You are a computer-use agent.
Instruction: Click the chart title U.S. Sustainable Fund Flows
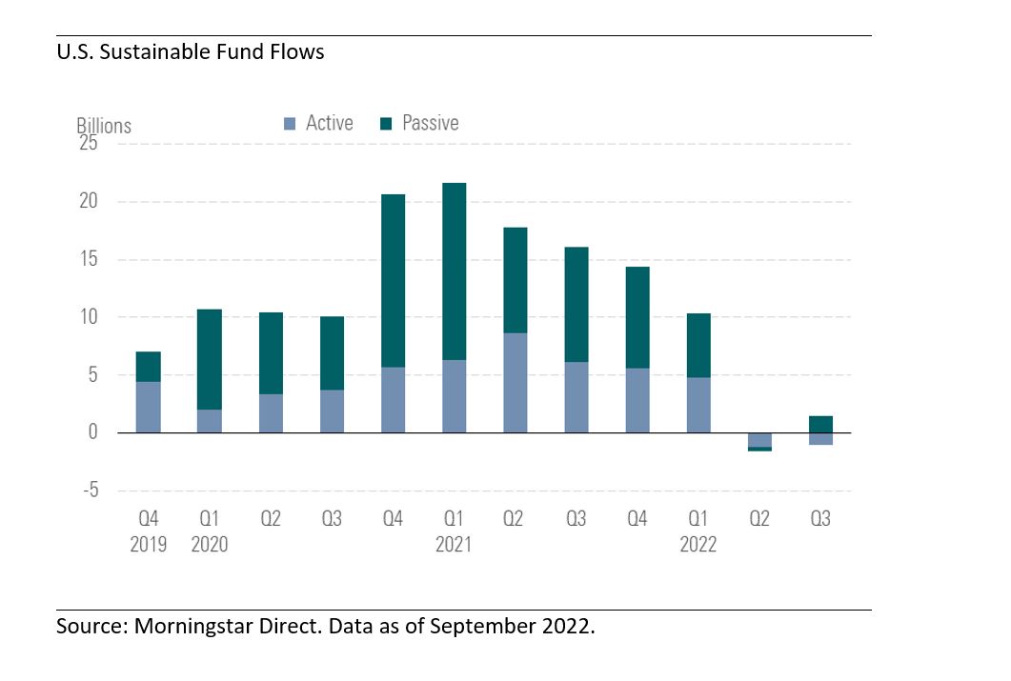[191, 51]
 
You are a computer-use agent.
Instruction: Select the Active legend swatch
[290, 124]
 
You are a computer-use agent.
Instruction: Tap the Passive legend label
[430, 123]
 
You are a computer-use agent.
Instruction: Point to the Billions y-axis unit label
[104, 125]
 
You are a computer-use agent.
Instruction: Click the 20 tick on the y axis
[89, 201]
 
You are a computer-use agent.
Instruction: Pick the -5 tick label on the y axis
[91, 490]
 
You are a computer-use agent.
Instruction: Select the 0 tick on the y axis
[92, 431]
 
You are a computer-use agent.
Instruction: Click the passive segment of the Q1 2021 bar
[454, 271]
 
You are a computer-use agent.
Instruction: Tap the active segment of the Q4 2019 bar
[149, 407]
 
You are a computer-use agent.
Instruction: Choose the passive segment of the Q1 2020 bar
[210, 359]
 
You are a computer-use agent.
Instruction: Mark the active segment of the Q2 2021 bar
[516, 383]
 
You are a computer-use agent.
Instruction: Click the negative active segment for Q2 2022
[759, 440]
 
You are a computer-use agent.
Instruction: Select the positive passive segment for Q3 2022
[820, 425]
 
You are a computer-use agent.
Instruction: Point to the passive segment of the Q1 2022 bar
[698, 346]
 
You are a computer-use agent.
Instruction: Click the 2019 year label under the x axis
[149, 545]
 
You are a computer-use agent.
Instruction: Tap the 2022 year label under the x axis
[698, 545]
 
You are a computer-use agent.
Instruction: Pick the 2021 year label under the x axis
[454, 545]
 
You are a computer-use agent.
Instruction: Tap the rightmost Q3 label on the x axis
[820, 519]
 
